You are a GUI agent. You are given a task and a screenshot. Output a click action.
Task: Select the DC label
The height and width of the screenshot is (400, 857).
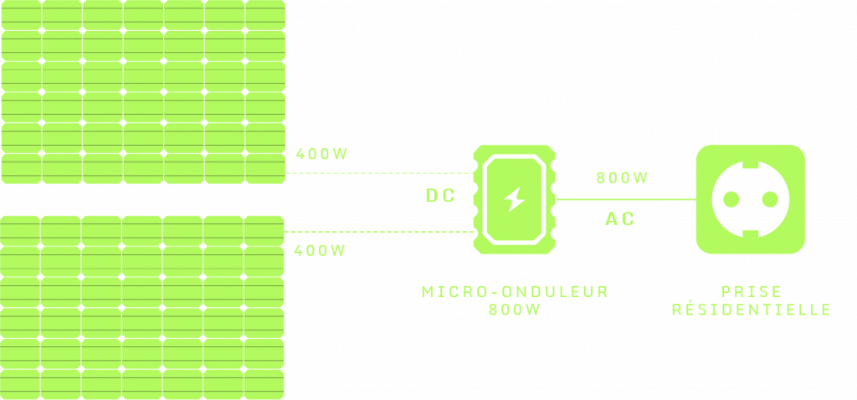440,197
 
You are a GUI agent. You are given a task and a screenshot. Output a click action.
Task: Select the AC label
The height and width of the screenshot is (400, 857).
619,219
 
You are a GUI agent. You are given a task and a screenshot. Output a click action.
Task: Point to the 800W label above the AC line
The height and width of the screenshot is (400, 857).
622,178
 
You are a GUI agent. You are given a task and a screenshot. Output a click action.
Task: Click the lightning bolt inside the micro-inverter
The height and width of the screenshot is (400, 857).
515,199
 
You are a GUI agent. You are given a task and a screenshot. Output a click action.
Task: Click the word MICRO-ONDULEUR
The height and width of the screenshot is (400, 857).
515,292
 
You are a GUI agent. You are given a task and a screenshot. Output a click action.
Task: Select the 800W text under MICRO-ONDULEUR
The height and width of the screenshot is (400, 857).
515,310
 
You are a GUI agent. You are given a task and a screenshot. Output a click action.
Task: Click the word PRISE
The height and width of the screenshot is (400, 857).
751,292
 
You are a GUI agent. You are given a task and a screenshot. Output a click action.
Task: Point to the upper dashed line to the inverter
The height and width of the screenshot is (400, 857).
381,174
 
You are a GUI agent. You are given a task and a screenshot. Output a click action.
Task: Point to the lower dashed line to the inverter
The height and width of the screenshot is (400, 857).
381,231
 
